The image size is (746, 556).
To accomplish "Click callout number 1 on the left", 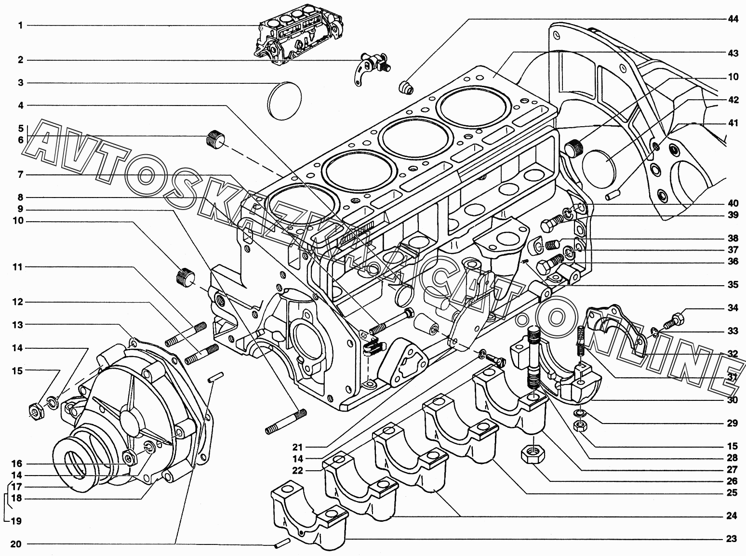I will [21, 25].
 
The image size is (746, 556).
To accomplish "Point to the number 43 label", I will [733, 53].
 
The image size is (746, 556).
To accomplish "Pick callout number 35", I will [733, 285].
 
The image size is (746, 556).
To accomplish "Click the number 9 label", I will [21, 209].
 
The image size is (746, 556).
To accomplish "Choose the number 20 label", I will [16, 544].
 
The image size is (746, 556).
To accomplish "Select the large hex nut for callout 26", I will [532, 453].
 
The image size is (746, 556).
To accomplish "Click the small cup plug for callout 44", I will [408, 87].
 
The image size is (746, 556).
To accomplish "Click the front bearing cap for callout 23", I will [308, 513].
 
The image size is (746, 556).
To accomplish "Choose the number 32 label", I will [733, 354].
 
